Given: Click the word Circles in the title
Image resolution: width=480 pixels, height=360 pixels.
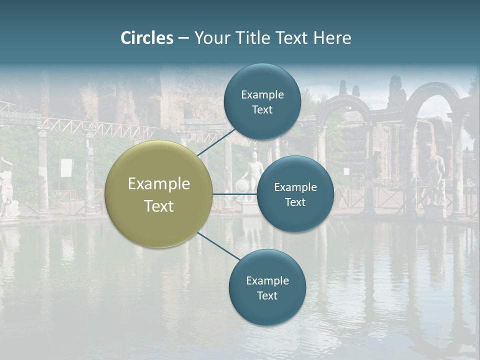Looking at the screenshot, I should tap(147, 38).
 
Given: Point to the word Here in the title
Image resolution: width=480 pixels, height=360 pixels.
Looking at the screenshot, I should tap(332, 38).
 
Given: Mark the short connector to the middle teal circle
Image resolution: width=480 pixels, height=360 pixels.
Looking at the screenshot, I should tap(234, 194).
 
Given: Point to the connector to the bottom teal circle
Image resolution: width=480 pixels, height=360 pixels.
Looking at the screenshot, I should tap(219, 246).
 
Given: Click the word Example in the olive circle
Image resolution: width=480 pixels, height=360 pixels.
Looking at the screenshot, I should tap(159, 184).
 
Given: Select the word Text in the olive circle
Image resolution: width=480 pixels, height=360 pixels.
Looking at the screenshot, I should tap(159, 206).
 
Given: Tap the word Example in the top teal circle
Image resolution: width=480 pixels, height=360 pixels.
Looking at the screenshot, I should tap(262, 95).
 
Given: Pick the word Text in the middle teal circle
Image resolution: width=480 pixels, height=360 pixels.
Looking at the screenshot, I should tap(295, 202).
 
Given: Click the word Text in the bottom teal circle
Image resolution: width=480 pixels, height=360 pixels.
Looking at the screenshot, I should tap(267, 295).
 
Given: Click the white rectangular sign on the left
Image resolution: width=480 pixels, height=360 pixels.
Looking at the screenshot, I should tap(66, 168).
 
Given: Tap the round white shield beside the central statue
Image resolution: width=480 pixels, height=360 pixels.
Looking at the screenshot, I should tap(242, 186).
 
